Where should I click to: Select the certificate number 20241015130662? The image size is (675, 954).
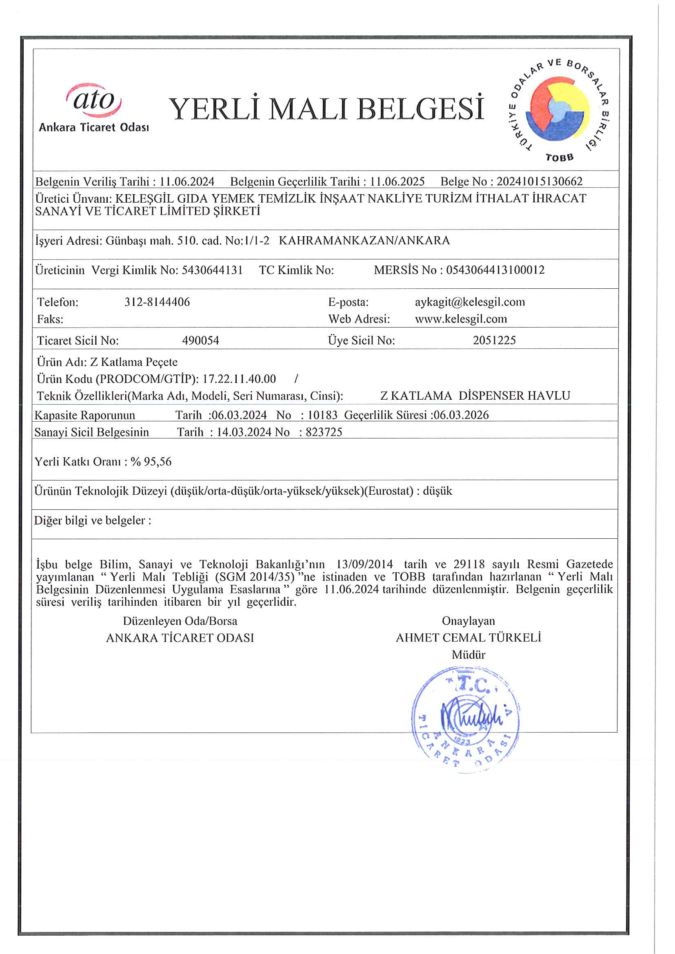539,182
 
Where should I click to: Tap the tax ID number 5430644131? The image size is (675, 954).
212,270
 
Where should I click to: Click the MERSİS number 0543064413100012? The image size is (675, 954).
495,270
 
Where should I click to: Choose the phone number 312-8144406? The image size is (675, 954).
157,302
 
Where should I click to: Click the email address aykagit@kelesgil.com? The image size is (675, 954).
470,302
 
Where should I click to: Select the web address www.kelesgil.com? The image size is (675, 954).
461,319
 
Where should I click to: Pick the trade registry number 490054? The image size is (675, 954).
200,341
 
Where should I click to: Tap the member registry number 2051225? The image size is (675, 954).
494,341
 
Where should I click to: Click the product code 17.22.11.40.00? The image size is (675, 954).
239,379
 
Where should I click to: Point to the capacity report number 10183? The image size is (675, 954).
322,415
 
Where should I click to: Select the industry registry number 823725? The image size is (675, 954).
324,432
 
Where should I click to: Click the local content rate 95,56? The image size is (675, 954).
158,462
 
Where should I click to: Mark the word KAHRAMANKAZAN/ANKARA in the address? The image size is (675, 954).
364,241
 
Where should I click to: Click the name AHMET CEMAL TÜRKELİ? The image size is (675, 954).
469,638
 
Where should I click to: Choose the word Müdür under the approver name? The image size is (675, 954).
469,655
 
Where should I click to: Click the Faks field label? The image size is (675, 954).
50,319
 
